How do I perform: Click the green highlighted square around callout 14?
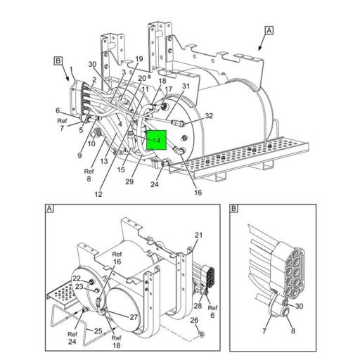click(x=156, y=140)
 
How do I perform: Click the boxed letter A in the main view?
click(x=269, y=30)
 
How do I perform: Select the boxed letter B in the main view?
click(x=58, y=61)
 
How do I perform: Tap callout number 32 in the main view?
click(x=209, y=116)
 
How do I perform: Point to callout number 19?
click(x=139, y=58)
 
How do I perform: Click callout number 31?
click(x=186, y=86)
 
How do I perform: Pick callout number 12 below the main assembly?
click(x=98, y=194)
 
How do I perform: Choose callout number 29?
click(x=129, y=181)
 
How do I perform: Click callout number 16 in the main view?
click(x=198, y=193)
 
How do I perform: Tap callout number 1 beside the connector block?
click(x=71, y=70)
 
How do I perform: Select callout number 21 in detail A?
click(x=198, y=235)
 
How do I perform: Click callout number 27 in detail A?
click(x=134, y=317)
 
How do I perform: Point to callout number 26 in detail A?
click(x=194, y=320)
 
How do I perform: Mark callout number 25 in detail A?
click(x=98, y=331)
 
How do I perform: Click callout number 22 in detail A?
click(x=77, y=278)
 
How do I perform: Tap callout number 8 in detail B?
click(x=293, y=330)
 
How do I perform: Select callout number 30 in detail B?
click(x=299, y=306)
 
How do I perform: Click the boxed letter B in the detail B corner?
click(x=234, y=208)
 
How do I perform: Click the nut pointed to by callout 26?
click(x=200, y=334)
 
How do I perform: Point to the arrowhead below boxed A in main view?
click(x=259, y=49)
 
